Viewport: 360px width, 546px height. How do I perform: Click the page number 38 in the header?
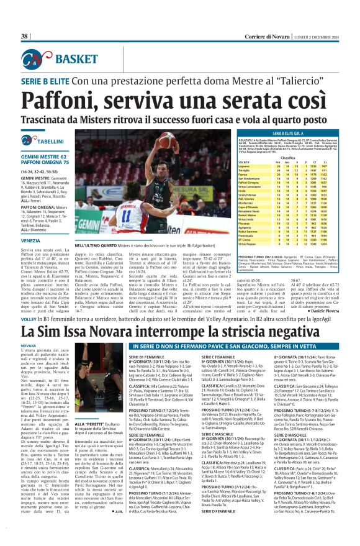click(25, 37)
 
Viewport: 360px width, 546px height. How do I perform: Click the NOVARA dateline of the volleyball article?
click(29, 344)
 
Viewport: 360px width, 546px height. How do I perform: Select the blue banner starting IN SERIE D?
click(240, 345)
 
